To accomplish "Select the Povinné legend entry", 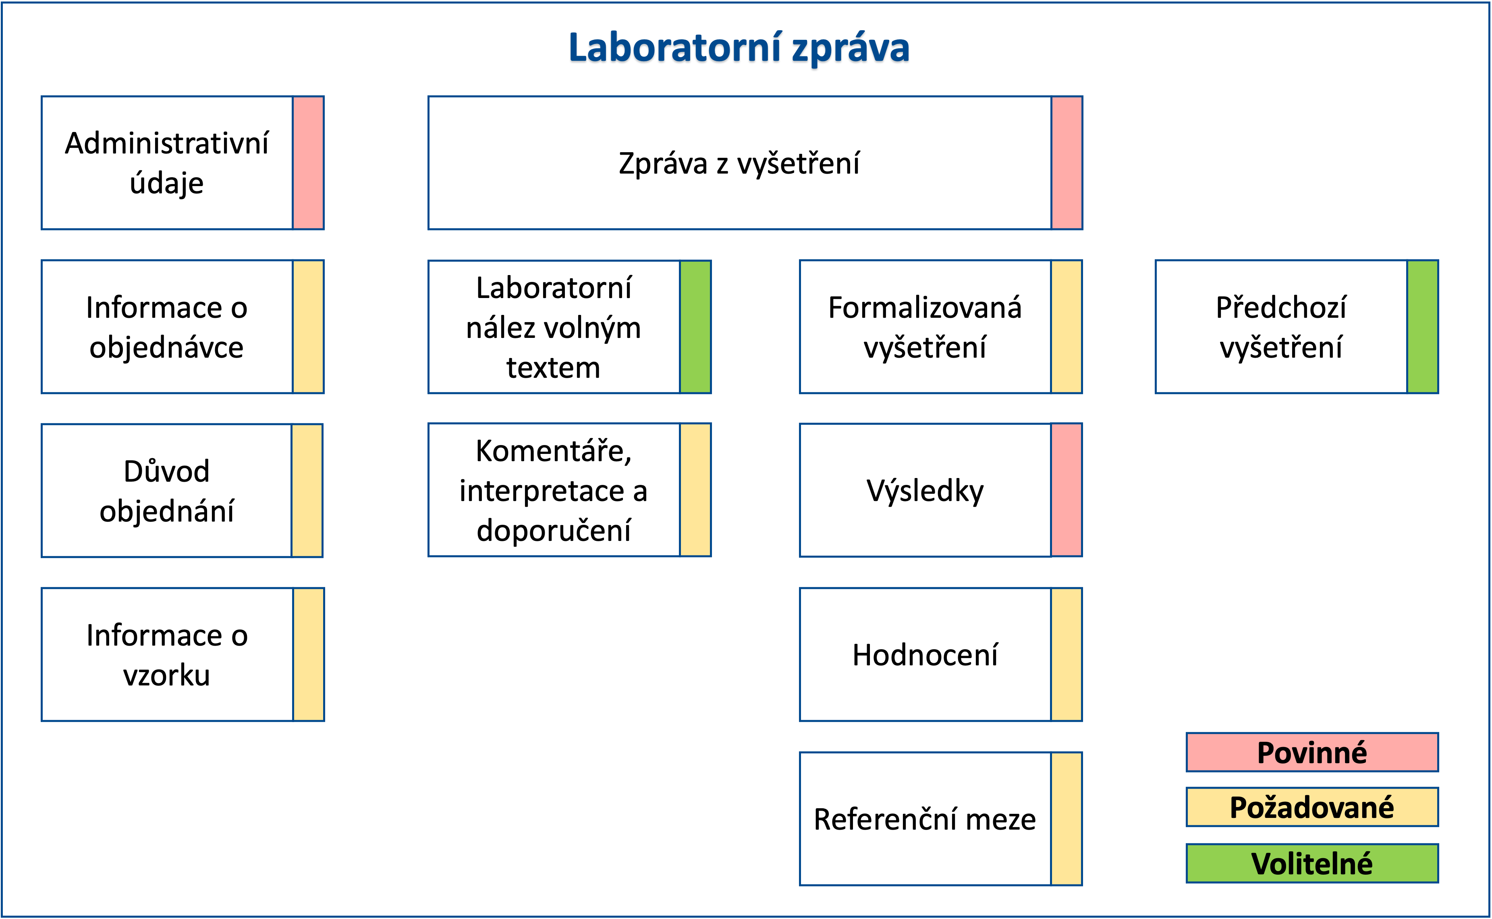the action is click(x=1312, y=752).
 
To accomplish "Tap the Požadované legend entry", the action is click(x=1312, y=807).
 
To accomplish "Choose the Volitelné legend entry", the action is click(x=1312, y=863).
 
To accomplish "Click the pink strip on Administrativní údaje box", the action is click(x=308, y=163).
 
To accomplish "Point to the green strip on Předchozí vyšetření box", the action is click(x=1423, y=327).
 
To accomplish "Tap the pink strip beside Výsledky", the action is click(x=1067, y=490).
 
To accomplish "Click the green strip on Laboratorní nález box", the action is click(x=695, y=327).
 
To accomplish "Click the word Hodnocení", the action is click(x=925, y=655).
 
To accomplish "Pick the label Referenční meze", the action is click(x=925, y=819).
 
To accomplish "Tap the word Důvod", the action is click(x=166, y=471).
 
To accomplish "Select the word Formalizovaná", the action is click(x=925, y=308).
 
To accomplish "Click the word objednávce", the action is click(x=166, y=348).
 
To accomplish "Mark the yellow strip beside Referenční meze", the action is click(x=1067, y=819).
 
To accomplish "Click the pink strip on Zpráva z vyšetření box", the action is click(x=1067, y=163).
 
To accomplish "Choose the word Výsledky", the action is click(x=925, y=491).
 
